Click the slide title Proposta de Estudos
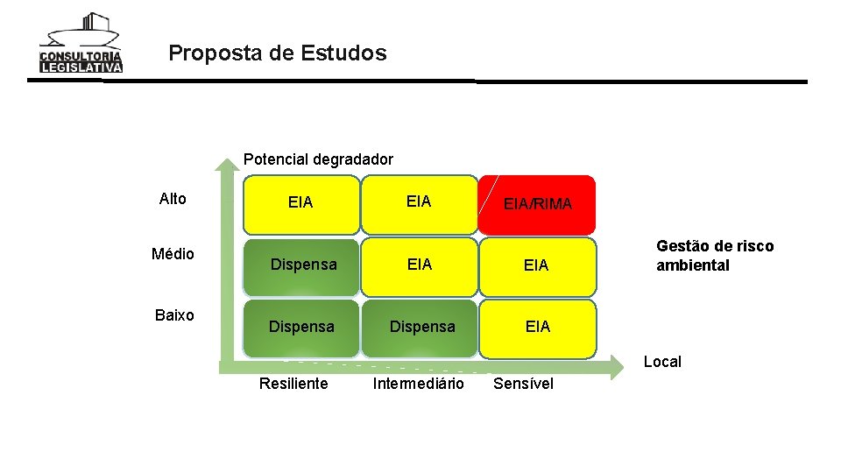(x=277, y=53)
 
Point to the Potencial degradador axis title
(x=318, y=159)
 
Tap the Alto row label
(x=173, y=199)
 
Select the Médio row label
(x=173, y=254)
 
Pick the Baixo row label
(x=173, y=315)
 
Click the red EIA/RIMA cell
(x=537, y=205)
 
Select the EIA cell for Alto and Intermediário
(x=419, y=202)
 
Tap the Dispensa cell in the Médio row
(x=303, y=265)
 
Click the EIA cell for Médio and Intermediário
(x=420, y=265)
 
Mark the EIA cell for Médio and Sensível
(x=536, y=265)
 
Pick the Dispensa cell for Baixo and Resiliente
(x=301, y=327)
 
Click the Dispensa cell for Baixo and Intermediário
(x=422, y=327)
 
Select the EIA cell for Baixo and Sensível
(x=537, y=327)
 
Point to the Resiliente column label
(x=293, y=384)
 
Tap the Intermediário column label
(x=418, y=384)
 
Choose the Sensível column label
(x=524, y=384)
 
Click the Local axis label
(x=662, y=362)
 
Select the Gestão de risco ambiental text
(x=715, y=256)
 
